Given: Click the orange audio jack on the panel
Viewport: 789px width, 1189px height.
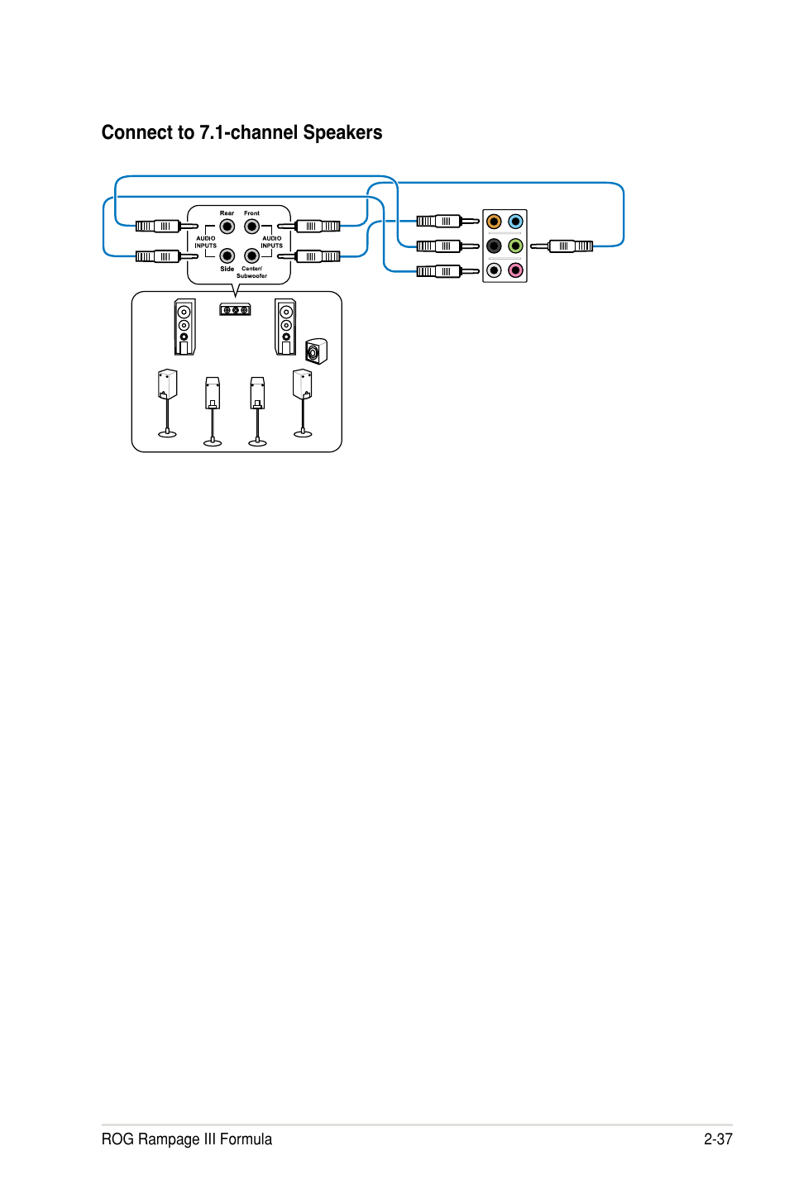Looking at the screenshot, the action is tap(494, 222).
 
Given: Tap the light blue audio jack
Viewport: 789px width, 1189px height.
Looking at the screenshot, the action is tap(515, 222).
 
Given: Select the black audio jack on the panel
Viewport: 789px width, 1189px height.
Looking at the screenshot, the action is tap(494, 246).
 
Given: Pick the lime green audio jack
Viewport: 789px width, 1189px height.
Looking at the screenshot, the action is tap(515, 246).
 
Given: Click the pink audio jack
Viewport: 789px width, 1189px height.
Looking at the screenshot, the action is tap(515, 270).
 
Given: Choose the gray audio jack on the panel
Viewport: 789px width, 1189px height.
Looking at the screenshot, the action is tap(494, 270).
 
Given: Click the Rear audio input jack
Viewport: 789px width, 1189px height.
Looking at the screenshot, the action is tap(227, 227).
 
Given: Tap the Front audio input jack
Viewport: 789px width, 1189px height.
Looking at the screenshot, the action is tap(251, 227).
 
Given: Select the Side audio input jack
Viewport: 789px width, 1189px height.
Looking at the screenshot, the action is tap(227, 255).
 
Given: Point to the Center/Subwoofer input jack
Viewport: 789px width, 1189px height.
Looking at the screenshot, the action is tap(251, 255).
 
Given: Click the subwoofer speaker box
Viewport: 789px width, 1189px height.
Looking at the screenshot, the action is tap(317, 351).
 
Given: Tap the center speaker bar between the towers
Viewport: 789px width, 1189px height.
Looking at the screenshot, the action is tap(235, 309).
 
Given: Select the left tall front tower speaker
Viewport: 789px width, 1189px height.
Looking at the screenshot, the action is tap(184, 327).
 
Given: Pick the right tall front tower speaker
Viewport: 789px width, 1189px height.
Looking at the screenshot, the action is tap(285, 327).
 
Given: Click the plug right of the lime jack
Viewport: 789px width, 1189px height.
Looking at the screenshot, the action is tap(562, 246).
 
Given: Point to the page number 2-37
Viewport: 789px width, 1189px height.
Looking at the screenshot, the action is tap(718, 1139).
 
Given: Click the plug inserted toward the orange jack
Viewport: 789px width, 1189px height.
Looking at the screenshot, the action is tap(447, 221).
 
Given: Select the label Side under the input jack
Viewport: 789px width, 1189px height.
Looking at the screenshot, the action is tap(227, 269).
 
